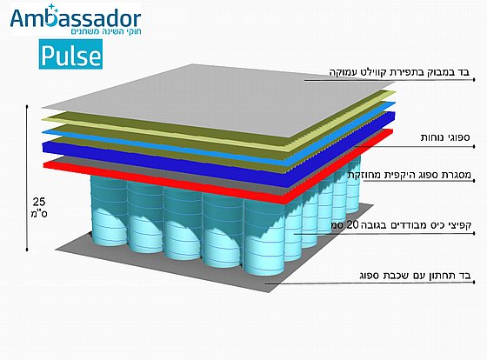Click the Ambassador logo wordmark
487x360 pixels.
pos(76,17)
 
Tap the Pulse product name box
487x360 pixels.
pos(70,55)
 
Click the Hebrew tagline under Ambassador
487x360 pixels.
pos(106,31)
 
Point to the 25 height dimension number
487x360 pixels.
pos(39,203)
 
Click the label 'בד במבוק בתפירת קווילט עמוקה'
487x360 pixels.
pos(399,72)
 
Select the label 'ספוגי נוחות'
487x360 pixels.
pos(445,137)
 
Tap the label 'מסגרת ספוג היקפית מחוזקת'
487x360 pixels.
pos(410,175)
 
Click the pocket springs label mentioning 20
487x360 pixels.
pos(401,224)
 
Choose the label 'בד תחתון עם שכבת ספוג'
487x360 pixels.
pos(416,275)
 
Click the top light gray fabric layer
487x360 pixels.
pos(217,99)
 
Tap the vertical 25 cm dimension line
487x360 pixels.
pos(27,178)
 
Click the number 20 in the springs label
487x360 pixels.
pos(352,224)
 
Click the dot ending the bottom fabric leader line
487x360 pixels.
pos(474,282)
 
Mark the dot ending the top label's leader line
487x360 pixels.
pos(474,80)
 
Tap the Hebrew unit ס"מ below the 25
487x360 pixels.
pos(39,214)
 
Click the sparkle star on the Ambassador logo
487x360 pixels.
pos(52,9)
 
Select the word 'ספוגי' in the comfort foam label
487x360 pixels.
pos(458,137)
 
